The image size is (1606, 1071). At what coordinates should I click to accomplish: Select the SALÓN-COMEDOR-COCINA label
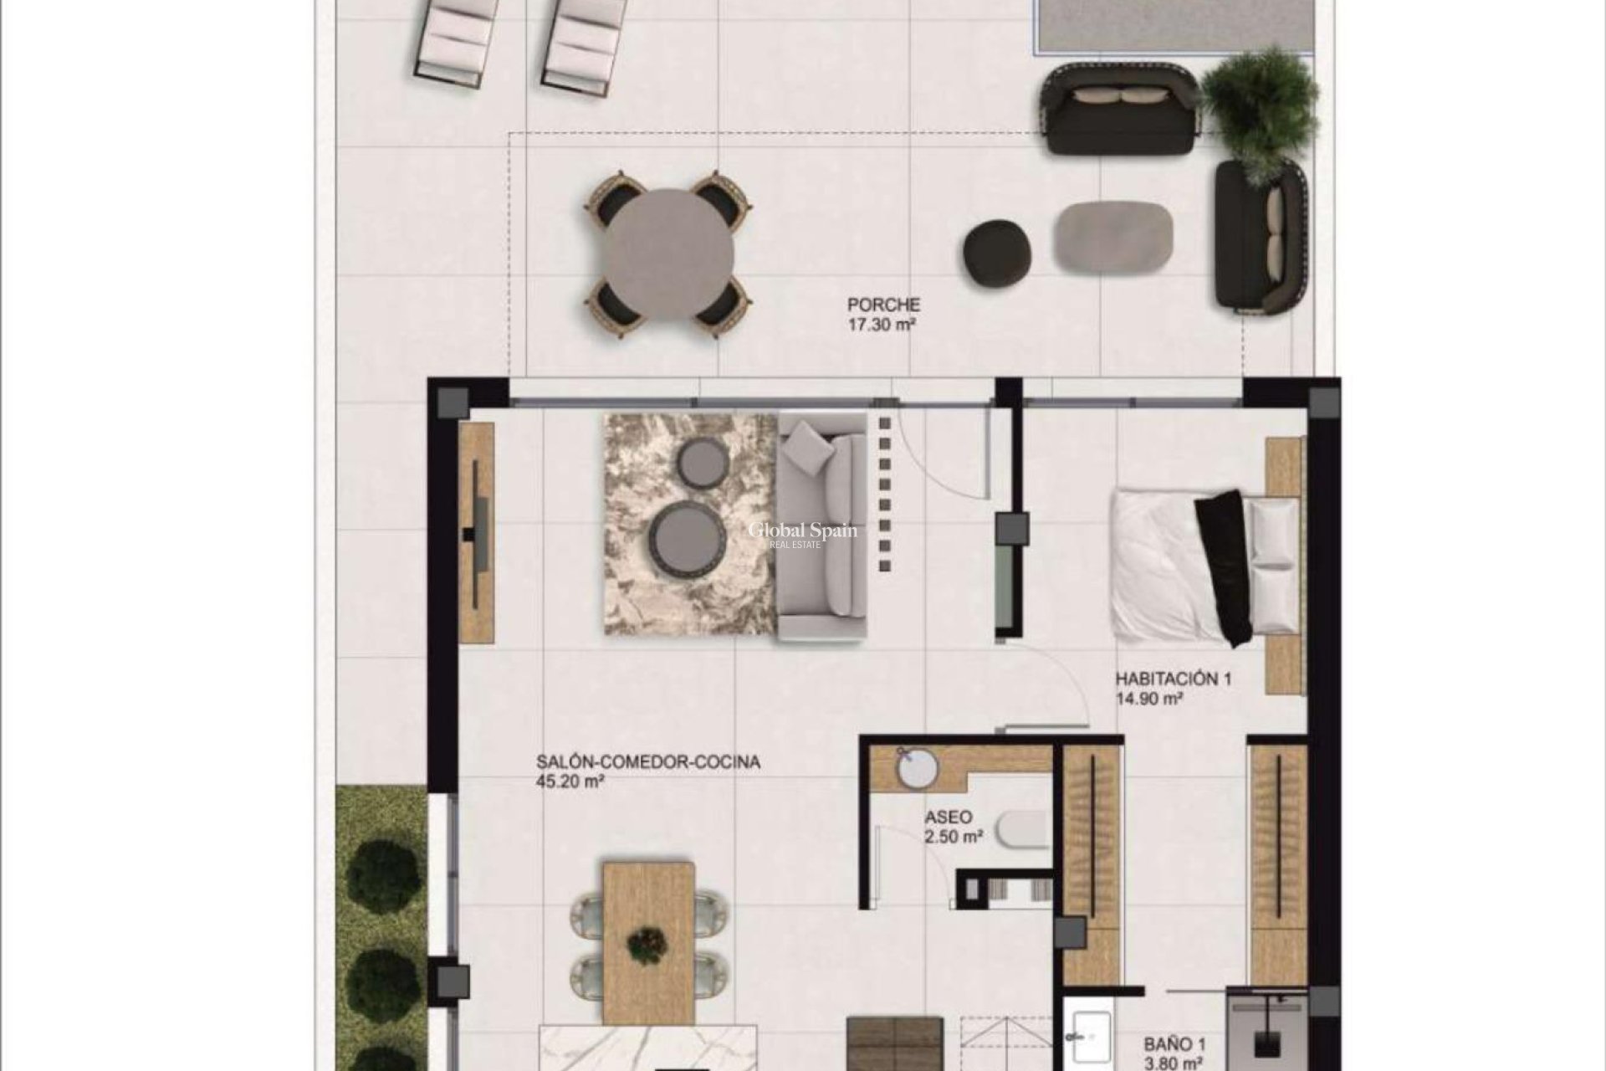pyautogui.click(x=648, y=762)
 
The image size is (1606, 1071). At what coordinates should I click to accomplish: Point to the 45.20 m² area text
pyautogui.click(x=570, y=781)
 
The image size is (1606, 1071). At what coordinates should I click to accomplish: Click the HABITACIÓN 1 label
pyautogui.click(x=1174, y=679)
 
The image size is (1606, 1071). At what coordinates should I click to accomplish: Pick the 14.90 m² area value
pyautogui.click(x=1148, y=699)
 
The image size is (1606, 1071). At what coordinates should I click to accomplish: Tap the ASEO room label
pyautogui.click(x=949, y=817)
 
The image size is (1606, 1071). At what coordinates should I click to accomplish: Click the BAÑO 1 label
pyautogui.click(x=1175, y=1044)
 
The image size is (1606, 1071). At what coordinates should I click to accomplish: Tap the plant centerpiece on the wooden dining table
pyautogui.click(x=647, y=943)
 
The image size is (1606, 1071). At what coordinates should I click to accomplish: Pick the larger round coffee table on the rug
pyautogui.click(x=684, y=541)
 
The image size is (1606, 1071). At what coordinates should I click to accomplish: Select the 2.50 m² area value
pyautogui.click(x=954, y=836)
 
